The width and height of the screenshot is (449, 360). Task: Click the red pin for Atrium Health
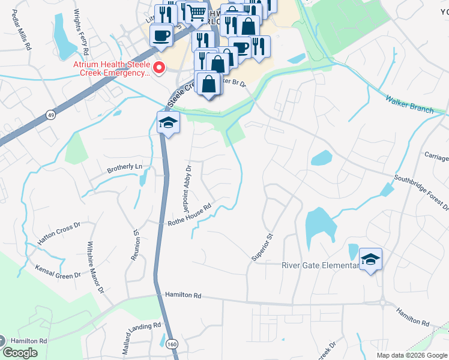(x=159, y=68)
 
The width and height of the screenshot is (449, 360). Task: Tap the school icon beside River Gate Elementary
(x=371, y=259)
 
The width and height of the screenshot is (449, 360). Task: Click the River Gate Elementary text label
(x=320, y=266)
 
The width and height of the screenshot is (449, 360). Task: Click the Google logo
(x=20, y=353)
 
